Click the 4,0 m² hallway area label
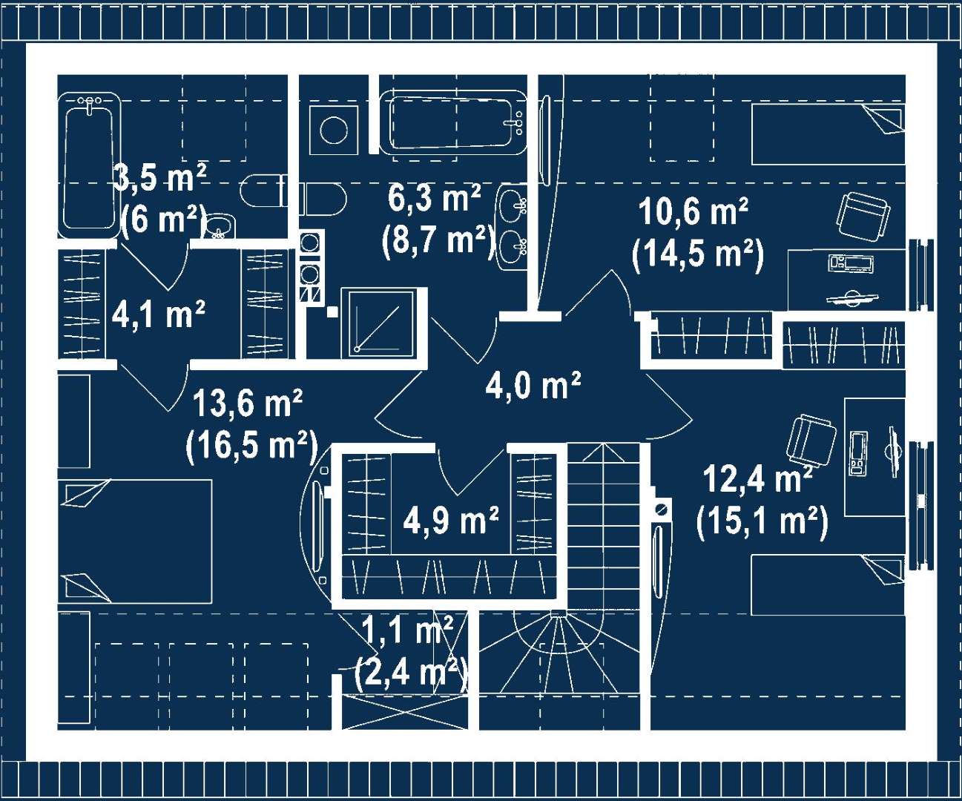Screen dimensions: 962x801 pyautogui.click(x=533, y=385)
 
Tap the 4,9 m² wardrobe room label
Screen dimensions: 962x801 pyautogui.click(x=451, y=521)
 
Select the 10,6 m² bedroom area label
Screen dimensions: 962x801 pyautogui.click(x=694, y=212)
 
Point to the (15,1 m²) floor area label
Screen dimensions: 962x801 pyautogui.click(x=762, y=524)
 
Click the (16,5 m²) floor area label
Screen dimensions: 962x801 pyautogui.click(x=252, y=446)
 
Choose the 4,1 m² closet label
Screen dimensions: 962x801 pyautogui.click(x=159, y=314)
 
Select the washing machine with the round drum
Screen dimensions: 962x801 pyautogui.click(x=334, y=130)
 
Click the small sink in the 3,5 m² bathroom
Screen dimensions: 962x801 pyautogui.click(x=220, y=226)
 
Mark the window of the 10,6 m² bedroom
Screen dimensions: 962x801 pyautogui.click(x=921, y=275)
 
